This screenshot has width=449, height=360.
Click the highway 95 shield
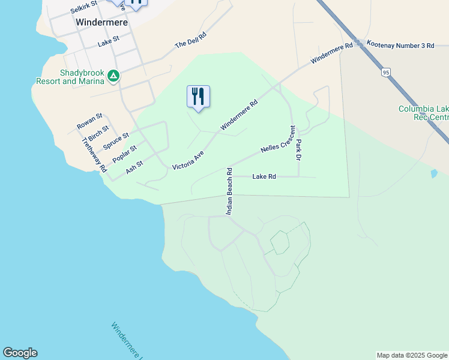pos(385,73)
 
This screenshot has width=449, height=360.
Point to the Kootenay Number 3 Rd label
pos(400,45)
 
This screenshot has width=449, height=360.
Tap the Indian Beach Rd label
pos(229,191)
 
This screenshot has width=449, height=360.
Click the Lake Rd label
pos(264,176)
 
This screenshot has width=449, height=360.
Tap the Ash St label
pos(134,167)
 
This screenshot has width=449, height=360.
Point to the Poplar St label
pos(125,154)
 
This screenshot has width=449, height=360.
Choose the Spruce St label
pos(116,142)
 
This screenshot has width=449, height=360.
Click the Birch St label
pos(98,133)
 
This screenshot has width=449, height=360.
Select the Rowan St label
pos(90,121)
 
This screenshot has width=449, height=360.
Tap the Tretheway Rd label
pos(94,155)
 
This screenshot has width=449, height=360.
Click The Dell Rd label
pos(190,40)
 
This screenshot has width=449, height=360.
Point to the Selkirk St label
pos(83,8)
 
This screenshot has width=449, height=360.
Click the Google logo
pos(20,353)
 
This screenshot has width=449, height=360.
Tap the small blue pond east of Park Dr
pos(434,174)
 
